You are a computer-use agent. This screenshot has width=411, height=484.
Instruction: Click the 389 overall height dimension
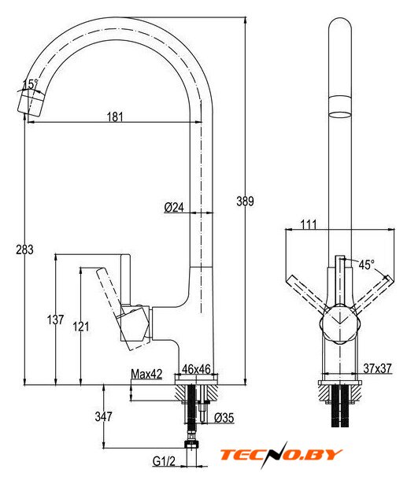(245, 201)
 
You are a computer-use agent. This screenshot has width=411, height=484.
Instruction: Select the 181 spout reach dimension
(115, 116)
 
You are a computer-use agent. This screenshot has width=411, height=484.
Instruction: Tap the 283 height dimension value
(24, 249)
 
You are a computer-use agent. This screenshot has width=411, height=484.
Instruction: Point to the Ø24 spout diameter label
(174, 207)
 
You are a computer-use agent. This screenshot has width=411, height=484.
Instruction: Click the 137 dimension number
(56, 320)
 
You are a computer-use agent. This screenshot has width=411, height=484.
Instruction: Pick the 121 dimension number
(81, 327)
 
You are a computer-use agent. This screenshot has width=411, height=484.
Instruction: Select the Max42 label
(146, 374)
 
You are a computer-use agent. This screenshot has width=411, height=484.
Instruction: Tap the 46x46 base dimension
(196, 369)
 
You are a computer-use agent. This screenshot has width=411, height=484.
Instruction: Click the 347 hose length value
(103, 416)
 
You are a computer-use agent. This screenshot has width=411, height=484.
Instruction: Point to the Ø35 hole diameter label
(224, 418)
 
